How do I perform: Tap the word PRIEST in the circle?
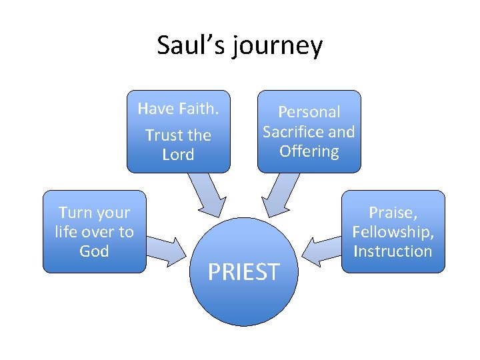coord(243,272)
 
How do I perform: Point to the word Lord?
coord(178,155)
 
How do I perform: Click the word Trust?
coord(164,135)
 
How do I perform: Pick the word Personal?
coord(309,112)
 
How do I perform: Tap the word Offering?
coord(309,151)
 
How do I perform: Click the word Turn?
coord(75,213)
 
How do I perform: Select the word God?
coord(94,251)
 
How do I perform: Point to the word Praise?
coord(392,213)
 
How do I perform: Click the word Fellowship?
coord(393,232)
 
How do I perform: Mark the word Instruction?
coord(393,251)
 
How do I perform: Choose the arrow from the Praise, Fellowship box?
coord(320,248)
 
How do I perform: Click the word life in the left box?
coord(67,232)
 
